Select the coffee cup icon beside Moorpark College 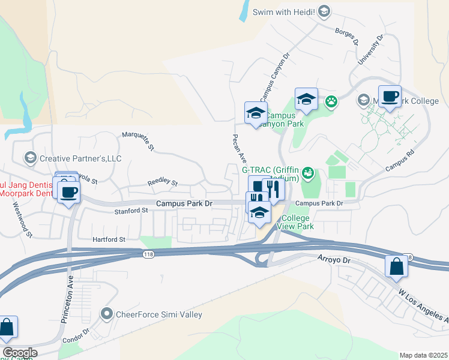coord(390,97)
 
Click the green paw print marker coord(331,101)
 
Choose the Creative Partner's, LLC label coord(80,158)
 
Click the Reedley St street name coord(163,182)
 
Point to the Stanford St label coord(131,211)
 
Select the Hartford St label coord(109,239)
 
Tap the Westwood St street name coord(22,218)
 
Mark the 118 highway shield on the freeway coord(148,255)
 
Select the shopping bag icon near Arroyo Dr coord(396,266)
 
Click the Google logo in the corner coord(20,353)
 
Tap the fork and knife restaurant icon coord(273,190)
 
